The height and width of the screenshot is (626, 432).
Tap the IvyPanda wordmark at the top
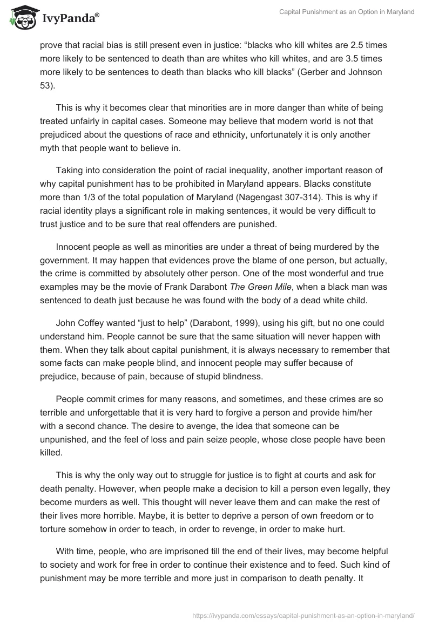point(70,17)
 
